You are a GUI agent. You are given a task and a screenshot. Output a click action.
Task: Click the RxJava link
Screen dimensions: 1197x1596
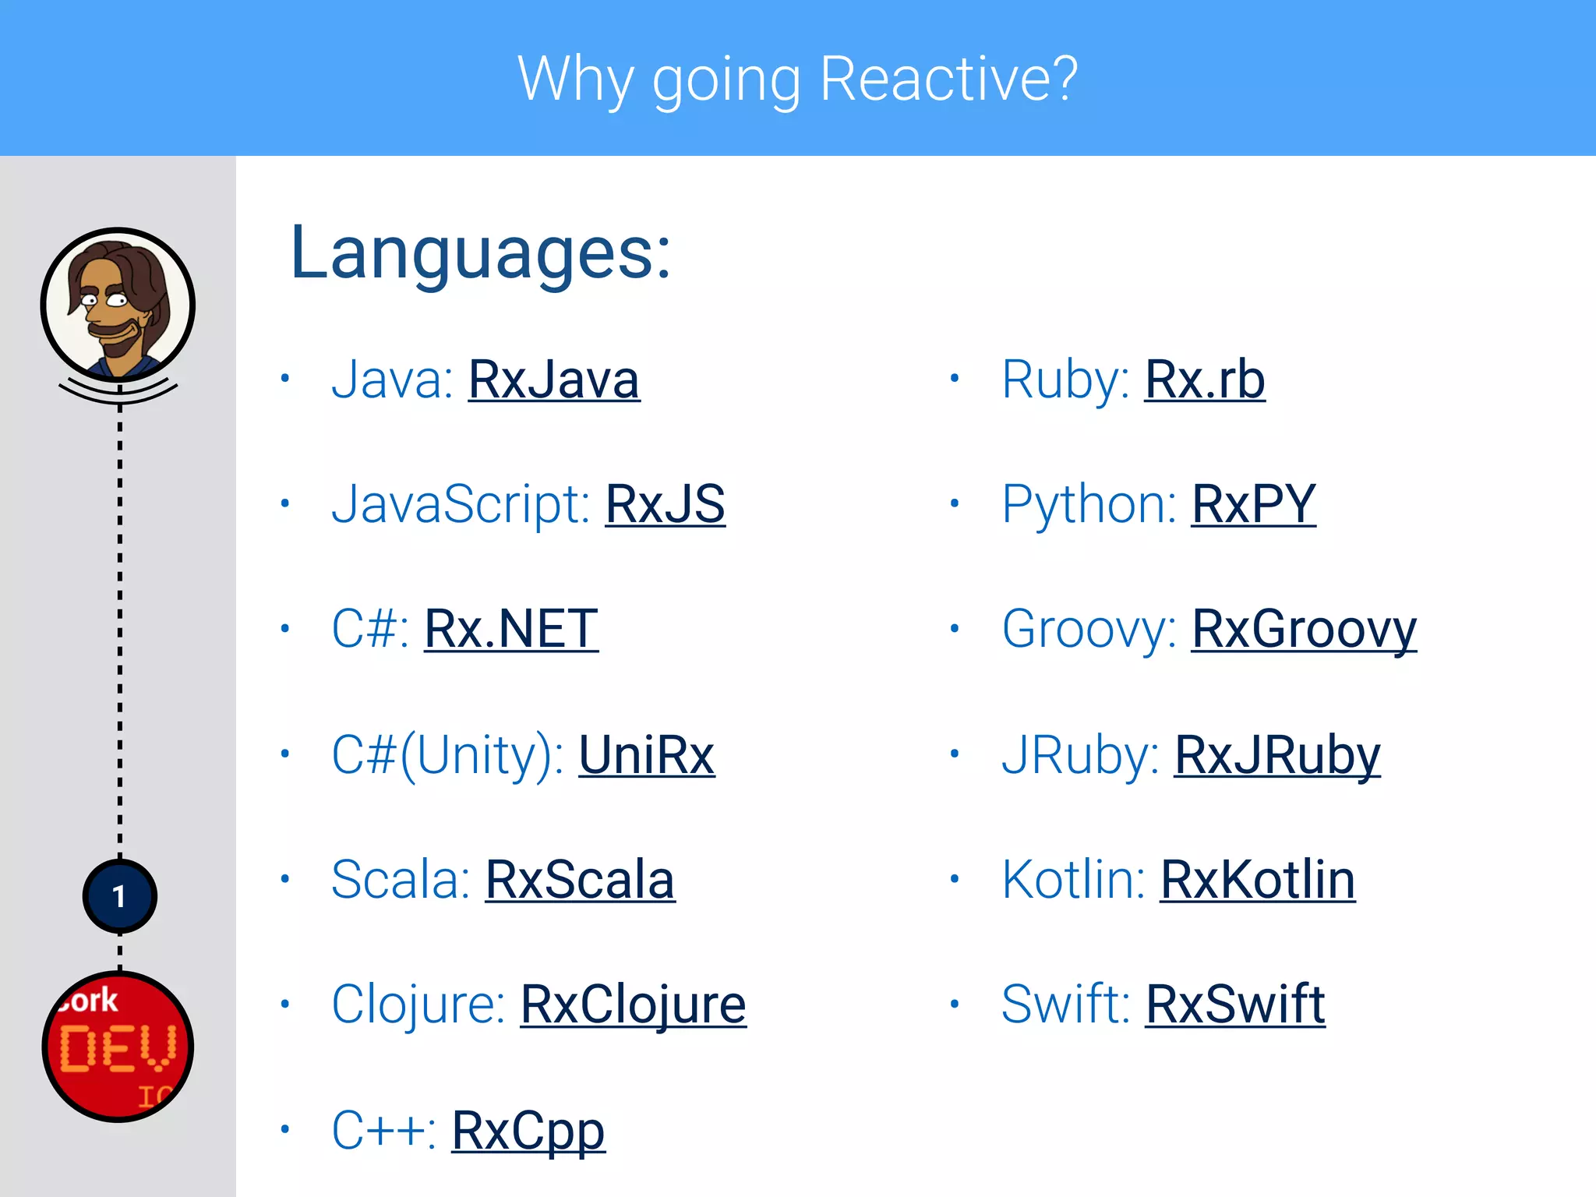pyautogui.click(x=553, y=380)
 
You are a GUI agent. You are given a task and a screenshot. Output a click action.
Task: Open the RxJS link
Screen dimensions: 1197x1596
pyautogui.click(x=665, y=505)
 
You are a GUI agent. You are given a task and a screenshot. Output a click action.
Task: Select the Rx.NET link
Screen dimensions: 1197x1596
pyautogui.click(x=511, y=630)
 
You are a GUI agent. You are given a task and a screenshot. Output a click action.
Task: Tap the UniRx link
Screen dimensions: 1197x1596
pyautogui.click(x=646, y=755)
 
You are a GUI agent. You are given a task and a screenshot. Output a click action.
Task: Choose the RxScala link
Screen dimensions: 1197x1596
pyautogui.click(x=580, y=880)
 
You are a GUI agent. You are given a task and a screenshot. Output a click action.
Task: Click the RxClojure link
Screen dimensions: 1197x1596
pyautogui.click(x=633, y=1005)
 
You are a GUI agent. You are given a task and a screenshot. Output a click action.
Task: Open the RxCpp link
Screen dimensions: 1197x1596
pyautogui.click(x=528, y=1131)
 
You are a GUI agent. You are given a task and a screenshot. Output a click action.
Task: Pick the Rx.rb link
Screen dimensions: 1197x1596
pyautogui.click(x=1204, y=380)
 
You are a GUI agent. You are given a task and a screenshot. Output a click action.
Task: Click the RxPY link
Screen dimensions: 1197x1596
pyautogui.click(x=1253, y=505)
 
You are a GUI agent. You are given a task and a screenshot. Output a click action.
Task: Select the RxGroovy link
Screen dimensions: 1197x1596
pyautogui.click(x=1304, y=630)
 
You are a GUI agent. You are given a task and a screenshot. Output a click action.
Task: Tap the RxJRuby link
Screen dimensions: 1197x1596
pyautogui.click(x=1277, y=755)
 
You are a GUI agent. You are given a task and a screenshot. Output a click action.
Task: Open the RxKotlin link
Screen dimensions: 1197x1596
pyautogui.click(x=1257, y=880)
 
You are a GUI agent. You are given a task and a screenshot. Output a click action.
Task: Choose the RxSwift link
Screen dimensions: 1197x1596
pyautogui.click(x=1235, y=1005)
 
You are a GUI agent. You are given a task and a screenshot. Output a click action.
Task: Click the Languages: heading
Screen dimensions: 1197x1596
pyautogui.click(x=480, y=252)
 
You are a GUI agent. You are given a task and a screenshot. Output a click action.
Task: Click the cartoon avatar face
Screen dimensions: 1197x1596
pyautogui.click(x=118, y=304)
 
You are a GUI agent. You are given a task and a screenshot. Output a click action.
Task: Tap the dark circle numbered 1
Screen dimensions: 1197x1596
pyautogui.click(x=119, y=896)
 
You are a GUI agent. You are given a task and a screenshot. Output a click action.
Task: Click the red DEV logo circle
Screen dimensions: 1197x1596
pyautogui.click(x=118, y=1047)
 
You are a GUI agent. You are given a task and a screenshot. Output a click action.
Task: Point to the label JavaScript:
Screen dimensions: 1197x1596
pyautogui.click(x=460, y=505)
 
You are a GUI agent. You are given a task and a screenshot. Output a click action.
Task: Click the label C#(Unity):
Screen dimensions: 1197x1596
pyautogui.click(x=447, y=755)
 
